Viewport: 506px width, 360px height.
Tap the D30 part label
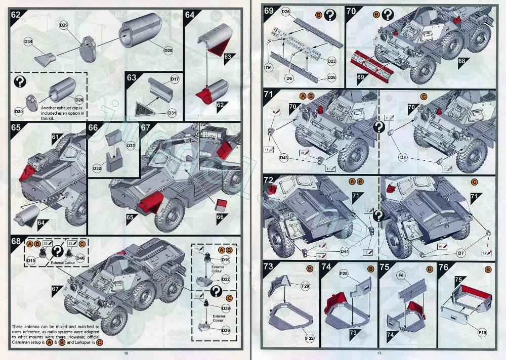[19, 111]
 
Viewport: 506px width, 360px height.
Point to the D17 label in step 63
[175, 79]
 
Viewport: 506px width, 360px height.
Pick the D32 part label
[97, 167]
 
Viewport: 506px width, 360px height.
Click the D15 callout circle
[31, 260]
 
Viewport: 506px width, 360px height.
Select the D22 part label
[226, 279]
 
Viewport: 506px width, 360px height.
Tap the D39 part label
[226, 330]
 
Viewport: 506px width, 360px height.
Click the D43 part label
[284, 158]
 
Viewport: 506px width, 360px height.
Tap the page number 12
[119, 353]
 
